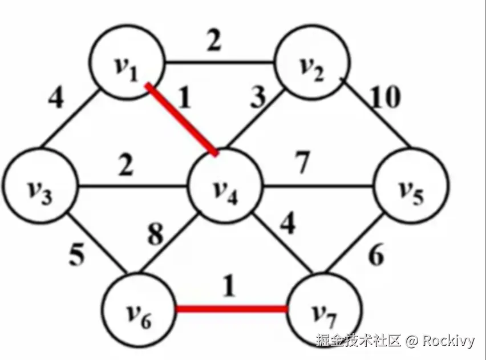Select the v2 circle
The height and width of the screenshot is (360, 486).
coord(311,67)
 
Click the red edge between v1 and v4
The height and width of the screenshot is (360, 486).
coord(181,119)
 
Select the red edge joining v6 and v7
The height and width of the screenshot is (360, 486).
coord(231,309)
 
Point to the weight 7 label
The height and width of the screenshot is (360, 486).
coord(302,164)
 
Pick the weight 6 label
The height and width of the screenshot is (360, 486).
coord(375,257)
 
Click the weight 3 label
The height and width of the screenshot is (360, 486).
coord(257,99)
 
